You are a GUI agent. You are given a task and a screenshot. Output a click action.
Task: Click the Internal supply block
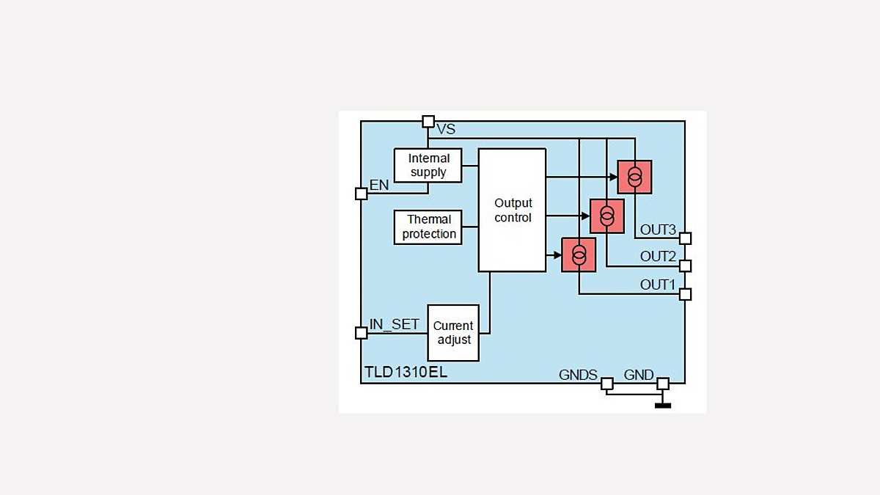coord(428,165)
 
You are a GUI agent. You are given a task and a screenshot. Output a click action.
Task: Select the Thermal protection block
coord(429,227)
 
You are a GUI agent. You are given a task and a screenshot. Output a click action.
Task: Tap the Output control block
coord(512,210)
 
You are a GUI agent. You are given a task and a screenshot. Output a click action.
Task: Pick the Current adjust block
coord(453,333)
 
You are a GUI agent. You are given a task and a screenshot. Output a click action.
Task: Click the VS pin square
coord(428,122)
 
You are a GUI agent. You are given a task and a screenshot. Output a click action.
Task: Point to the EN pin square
coord(361,194)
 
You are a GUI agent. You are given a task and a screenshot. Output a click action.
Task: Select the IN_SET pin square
coord(361,333)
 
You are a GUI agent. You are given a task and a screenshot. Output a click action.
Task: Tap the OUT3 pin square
coord(685,238)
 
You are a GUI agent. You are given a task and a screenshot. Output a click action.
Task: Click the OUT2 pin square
coord(685,265)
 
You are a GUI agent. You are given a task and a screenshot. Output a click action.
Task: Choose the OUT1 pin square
coord(685,294)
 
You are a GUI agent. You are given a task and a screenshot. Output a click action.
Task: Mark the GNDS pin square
coord(607,384)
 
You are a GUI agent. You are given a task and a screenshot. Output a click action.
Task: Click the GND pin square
coord(662,384)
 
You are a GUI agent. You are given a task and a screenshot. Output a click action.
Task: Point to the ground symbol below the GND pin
coord(662,404)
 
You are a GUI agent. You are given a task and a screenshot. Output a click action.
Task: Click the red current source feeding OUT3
coord(634,177)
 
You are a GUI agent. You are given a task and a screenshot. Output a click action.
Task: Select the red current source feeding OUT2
coord(606,216)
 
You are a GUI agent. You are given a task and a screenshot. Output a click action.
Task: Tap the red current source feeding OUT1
coord(579,255)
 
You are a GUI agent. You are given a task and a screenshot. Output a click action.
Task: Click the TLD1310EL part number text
coord(406,373)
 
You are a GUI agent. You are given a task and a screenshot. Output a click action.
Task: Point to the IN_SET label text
coord(395,324)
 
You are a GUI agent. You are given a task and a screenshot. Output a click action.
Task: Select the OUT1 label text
coord(658,284)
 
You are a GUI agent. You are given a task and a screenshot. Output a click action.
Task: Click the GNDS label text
coord(578,375)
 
